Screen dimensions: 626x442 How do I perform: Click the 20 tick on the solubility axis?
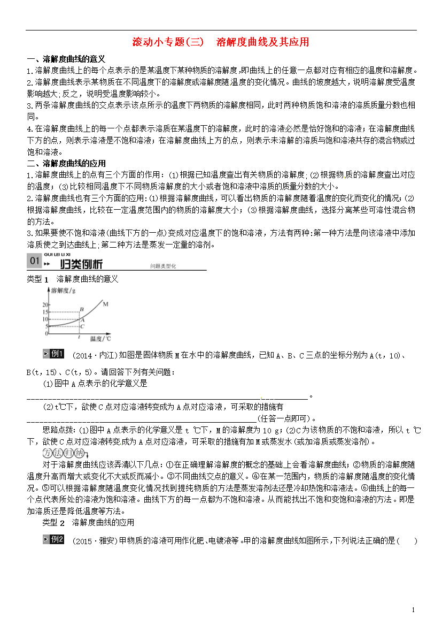(x=45, y=304)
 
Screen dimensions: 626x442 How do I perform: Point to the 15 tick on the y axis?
(x=45, y=312)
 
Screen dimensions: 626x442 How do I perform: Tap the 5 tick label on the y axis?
(x=46, y=326)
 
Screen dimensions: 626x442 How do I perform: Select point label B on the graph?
(x=82, y=309)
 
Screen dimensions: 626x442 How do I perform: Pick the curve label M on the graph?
(x=106, y=304)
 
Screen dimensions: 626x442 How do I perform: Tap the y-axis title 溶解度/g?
(x=63, y=291)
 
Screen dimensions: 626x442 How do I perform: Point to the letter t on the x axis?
(x=79, y=337)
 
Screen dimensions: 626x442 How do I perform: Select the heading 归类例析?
(x=81, y=264)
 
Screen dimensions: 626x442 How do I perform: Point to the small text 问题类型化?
(x=163, y=266)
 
